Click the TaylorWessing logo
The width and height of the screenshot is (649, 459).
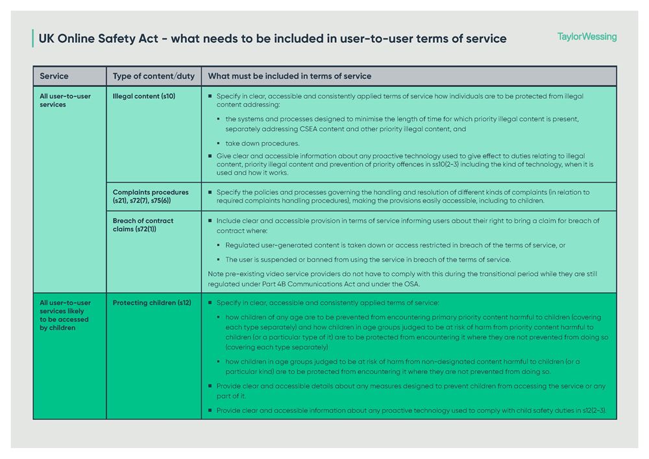click(x=587, y=37)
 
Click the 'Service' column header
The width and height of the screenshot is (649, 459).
click(x=54, y=76)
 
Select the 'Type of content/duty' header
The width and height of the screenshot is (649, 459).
click(x=153, y=76)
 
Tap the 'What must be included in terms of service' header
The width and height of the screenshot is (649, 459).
click(x=289, y=76)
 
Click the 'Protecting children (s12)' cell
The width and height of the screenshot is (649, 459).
click(x=152, y=303)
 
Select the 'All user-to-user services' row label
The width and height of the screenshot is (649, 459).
click(x=65, y=100)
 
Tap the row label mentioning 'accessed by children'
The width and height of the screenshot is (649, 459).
click(x=65, y=315)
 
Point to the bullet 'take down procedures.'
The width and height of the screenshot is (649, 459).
click(x=262, y=143)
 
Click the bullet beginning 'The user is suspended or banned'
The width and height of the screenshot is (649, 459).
click(x=367, y=260)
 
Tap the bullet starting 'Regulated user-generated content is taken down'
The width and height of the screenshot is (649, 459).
click(x=395, y=245)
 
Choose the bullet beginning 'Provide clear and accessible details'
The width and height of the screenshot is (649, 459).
click(x=411, y=391)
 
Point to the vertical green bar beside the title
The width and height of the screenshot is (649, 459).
click(x=32, y=38)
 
